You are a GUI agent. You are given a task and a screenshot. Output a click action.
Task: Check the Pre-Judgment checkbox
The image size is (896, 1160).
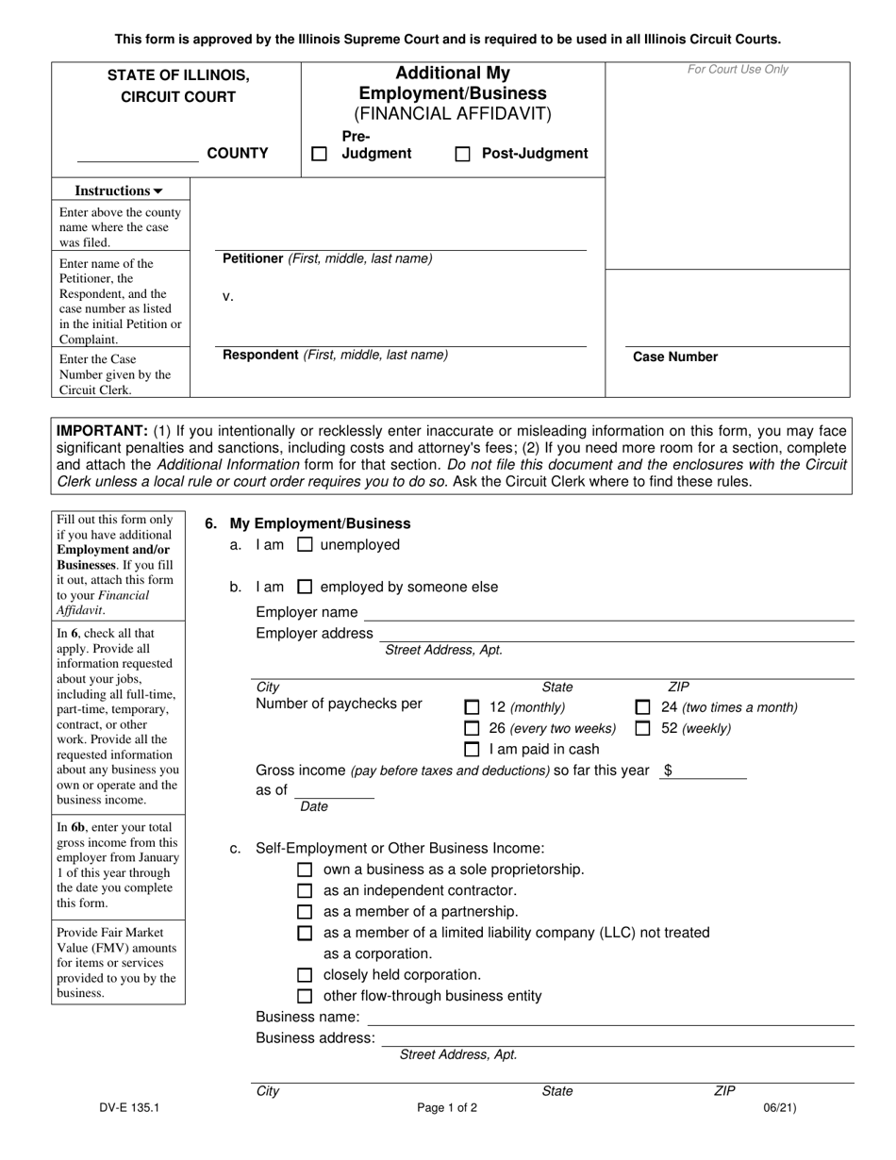(x=320, y=154)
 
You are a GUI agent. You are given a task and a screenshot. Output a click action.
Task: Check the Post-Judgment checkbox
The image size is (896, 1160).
(x=462, y=154)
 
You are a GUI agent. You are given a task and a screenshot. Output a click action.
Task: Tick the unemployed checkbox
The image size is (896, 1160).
(x=305, y=544)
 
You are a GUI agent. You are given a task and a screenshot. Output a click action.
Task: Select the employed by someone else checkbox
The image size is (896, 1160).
(x=305, y=587)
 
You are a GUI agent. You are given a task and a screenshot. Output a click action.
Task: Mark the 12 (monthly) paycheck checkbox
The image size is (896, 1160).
(x=472, y=707)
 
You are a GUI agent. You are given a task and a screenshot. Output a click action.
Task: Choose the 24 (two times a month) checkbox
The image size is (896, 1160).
(x=642, y=707)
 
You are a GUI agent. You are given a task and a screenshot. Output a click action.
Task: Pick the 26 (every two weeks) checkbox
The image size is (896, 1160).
(x=472, y=728)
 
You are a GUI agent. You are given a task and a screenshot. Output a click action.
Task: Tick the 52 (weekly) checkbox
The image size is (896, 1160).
(x=642, y=728)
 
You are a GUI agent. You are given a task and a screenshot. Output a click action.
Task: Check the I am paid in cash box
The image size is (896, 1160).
(x=472, y=750)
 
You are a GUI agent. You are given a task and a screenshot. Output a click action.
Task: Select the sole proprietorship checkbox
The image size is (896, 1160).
(x=305, y=870)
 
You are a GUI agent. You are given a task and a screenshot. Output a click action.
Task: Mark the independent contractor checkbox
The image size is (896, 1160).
(x=305, y=890)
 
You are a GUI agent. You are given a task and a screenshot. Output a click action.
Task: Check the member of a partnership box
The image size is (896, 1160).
(x=305, y=912)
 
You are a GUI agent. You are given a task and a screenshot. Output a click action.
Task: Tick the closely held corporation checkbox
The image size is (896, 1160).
(x=305, y=975)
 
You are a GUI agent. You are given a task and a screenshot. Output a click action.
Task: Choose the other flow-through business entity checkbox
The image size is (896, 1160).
(x=305, y=996)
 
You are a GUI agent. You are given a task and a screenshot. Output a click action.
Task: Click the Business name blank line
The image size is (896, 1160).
(x=609, y=1019)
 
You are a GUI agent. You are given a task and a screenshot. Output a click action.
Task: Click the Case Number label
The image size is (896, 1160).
(x=675, y=356)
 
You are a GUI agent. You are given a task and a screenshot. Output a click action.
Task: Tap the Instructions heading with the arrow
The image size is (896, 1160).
(x=120, y=191)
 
